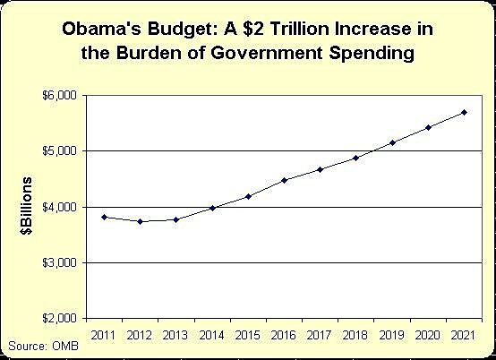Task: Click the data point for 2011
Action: tap(106, 217)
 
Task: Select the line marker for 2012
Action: tap(141, 221)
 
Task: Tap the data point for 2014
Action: tap(211, 208)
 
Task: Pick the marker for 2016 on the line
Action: tap(283, 180)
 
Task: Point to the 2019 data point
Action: tap(391, 142)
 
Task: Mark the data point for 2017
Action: tap(320, 169)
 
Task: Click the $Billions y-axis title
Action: tap(30, 207)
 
